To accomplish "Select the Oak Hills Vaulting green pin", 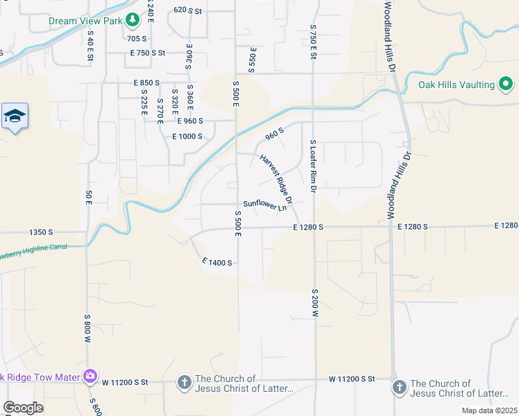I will click(506, 85).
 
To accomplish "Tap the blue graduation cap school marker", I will click(15, 116).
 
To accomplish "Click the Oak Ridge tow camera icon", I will click(90, 376).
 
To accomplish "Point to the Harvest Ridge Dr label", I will click(277, 178).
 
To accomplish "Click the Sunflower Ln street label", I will click(264, 205).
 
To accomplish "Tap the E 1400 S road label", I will click(217, 262).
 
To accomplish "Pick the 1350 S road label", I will click(42, 233).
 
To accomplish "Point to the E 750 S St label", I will click(148, 53).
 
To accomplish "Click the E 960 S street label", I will click(190, 121).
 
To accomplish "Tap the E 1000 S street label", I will click(187, 137).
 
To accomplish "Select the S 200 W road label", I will click(314, 303).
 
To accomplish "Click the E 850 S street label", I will click(147, 83).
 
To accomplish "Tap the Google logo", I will click(23, 408).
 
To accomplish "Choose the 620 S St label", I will click(187, 10).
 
